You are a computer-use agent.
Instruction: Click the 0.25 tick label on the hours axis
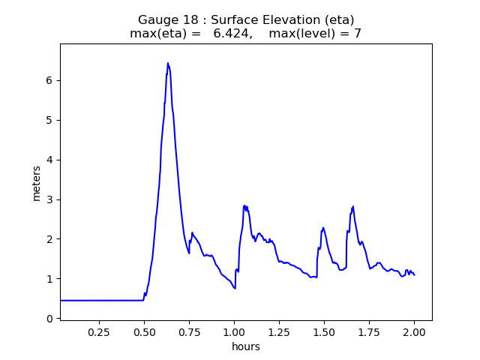99,331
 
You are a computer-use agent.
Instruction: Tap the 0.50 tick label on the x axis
144,331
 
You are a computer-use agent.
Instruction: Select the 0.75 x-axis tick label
189,331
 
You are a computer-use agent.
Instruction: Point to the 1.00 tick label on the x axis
234,331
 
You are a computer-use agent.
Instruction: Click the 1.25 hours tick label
279,331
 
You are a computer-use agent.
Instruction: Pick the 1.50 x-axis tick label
324,331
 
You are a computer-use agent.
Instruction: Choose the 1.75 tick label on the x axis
369,331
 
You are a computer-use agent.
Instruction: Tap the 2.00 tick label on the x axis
414,331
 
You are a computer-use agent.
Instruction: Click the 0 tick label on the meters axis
51,319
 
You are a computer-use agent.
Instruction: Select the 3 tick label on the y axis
51,199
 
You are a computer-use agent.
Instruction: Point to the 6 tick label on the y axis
51,80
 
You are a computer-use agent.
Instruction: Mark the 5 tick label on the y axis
51,120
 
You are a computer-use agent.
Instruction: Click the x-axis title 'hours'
246,346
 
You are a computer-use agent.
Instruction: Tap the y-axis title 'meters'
37,182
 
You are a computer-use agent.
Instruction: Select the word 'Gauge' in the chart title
157,20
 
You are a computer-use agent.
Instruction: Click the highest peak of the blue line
168,63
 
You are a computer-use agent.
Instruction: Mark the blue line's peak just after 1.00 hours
244,205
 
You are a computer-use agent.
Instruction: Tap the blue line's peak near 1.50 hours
323,227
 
